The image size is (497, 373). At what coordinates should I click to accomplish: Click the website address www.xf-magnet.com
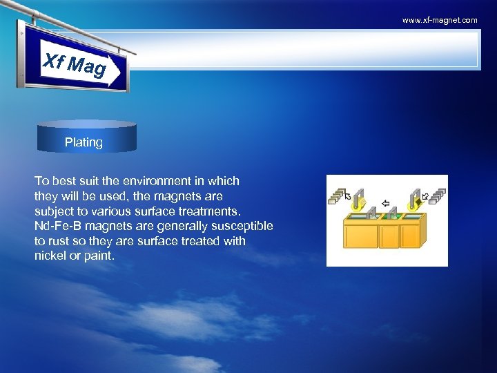pos(440,21)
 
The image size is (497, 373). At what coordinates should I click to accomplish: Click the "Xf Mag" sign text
pos(75,66)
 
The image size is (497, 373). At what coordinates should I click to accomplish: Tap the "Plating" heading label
pos(84,142)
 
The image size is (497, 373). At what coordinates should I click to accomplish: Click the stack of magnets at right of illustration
pos(436,195)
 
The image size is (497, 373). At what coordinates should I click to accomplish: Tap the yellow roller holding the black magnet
pos(414,206)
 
